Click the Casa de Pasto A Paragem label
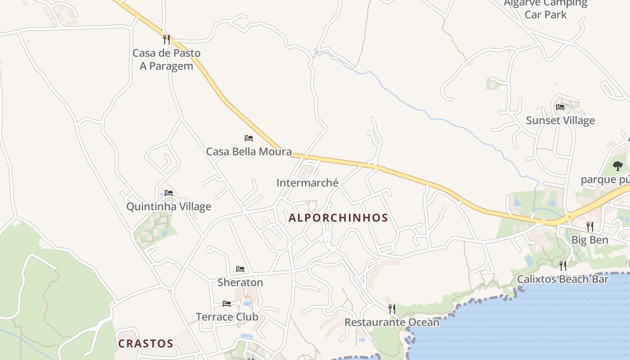click(x=166, y=59)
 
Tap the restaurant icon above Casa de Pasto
click(x=166, y=40)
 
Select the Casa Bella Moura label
click(x=249, y=152)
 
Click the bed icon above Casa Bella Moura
click(x=249, y=138)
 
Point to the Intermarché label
click(x=307, y=183)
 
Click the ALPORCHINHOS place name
click(x=338, y=218)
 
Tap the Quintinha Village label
click(x=168, y=207)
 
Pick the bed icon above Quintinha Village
click(x=169, y=193)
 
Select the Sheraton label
click(x=240, y=283)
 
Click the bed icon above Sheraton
click(x=240, y=269)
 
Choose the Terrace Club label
click(x=227, y=317)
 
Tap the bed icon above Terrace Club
click(x=227, y=304)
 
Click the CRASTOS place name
click(x=145, y=344)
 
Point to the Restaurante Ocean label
click(x=392, y=322)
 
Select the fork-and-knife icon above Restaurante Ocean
click(x=392, y=309)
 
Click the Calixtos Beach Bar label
click(x=562, y=279)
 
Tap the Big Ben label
click(x=589, y=240)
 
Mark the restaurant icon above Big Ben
click(x=589, y=226)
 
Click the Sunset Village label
click(x=560, y=121)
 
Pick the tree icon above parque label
click(x=618, y=166)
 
